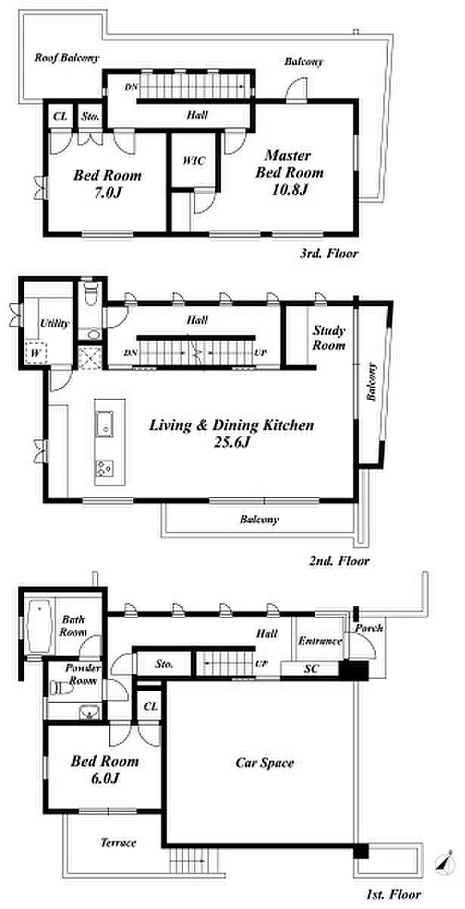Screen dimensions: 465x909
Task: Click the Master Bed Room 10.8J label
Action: (x=289, y=172)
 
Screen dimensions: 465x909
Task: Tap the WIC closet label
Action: (x=194, y=161)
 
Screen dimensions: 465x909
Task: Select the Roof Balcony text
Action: (x=67, y=58)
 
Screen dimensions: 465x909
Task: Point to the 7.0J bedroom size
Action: (x=108, y=192)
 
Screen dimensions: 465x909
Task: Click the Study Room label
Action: (x=329, y=338)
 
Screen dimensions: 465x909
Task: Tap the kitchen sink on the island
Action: (x=105, y=423)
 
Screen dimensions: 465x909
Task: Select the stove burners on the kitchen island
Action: (x=105, y=469)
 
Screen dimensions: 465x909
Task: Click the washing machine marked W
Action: (x=36, y=353)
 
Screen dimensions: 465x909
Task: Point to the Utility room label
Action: (x=55, y=323)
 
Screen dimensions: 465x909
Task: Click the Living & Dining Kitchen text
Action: (x=232, y=425)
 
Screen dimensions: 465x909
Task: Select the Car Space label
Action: (x=264, y=763)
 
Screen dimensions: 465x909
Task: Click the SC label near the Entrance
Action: (x=311, y=668)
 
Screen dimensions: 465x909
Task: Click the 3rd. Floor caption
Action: (x=329, y=254)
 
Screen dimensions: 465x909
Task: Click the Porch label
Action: (x=369, y=628)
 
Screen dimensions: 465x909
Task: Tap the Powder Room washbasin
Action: (x=89, y=711)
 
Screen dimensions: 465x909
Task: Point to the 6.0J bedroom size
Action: (x=105, y=778)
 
